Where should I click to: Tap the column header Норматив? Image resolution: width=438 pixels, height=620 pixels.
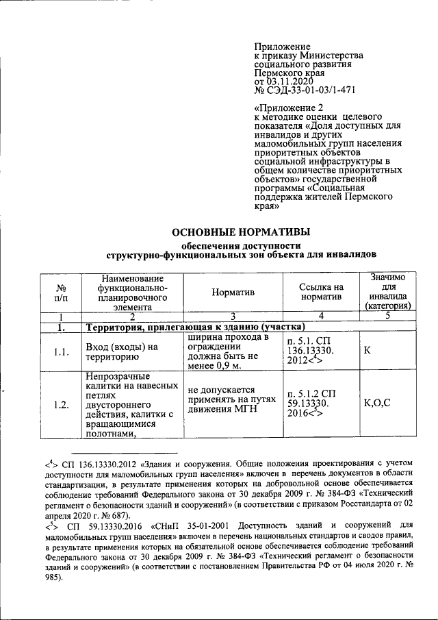click(x=233, y=293)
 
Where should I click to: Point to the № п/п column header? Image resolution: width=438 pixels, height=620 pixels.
click(x=61, y=293)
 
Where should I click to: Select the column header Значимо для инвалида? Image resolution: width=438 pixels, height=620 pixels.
click(x=387, y=293)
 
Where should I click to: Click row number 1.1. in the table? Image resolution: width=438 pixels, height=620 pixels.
click(x=61, y=352)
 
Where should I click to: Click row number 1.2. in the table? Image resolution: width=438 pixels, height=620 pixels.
click(x=61, y=405)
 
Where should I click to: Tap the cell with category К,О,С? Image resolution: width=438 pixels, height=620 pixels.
click(x=378, y=404)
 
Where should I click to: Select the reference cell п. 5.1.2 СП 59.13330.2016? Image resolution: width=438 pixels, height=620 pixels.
click(x=318, y=404)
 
